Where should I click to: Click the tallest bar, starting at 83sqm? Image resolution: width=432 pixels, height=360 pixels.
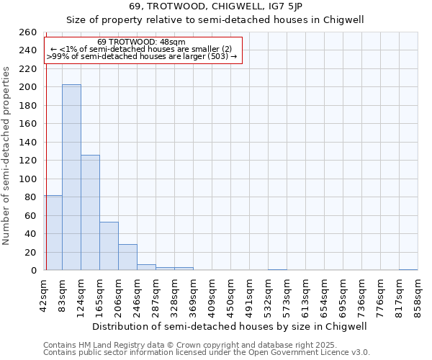coord(71,177)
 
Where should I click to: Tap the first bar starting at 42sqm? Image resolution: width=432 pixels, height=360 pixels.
coord(53,233)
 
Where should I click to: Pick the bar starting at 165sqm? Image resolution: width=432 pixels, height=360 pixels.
coord(109,246)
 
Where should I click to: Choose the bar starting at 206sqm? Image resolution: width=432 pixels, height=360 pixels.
coord(127,257)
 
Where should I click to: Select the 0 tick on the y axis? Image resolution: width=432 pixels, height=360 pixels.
coord(33,271)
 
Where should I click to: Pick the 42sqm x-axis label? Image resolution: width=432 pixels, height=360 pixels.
coord(44,296)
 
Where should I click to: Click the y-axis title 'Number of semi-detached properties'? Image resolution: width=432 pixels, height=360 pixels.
coord(7,156)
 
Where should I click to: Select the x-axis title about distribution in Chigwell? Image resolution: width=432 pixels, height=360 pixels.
coord(230,326)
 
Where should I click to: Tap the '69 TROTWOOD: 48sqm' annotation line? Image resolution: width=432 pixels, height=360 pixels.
coord(141,42)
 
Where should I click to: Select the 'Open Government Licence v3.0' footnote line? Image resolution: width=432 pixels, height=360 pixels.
coord(317,353)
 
